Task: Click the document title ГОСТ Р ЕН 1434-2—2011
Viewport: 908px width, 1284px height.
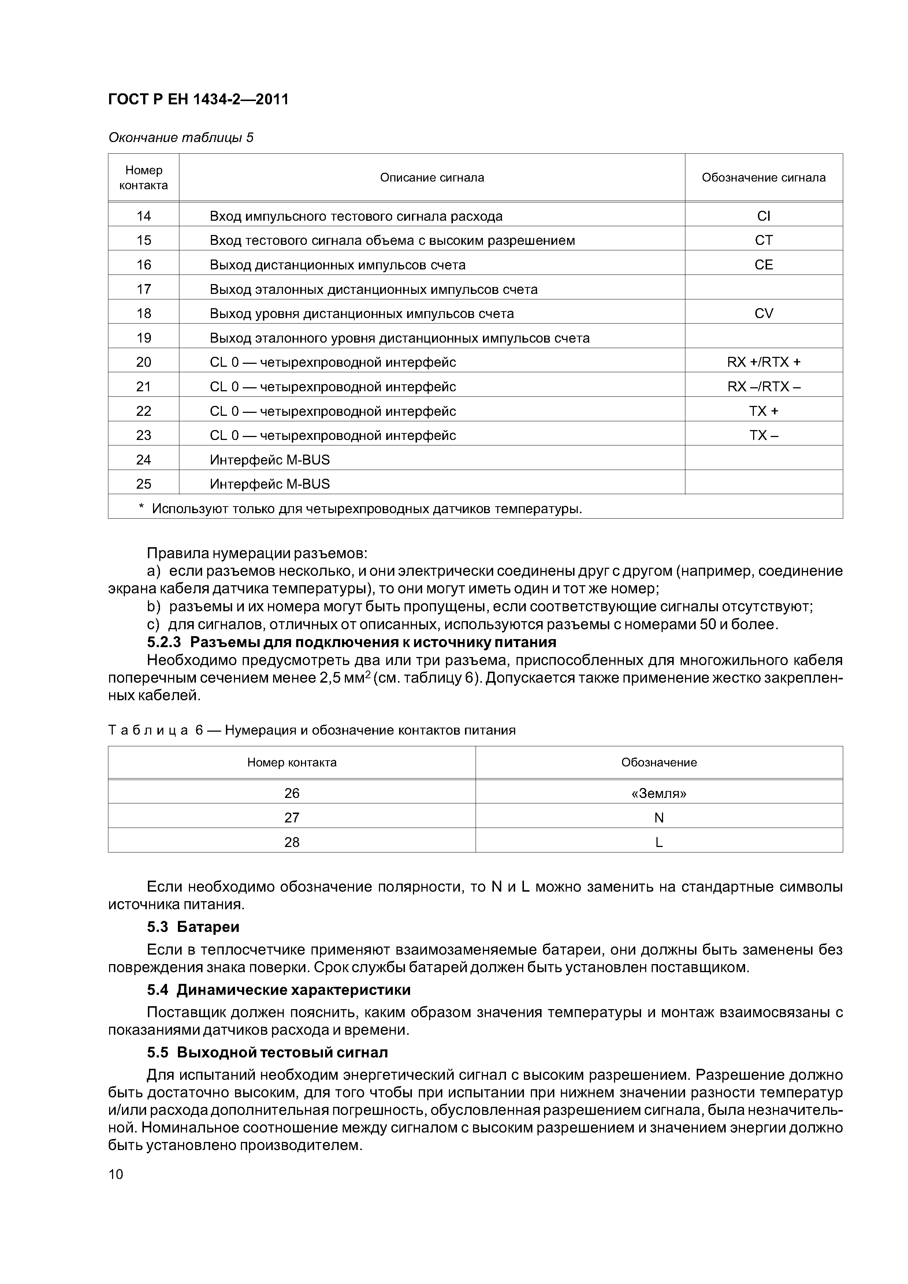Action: coord(198,100)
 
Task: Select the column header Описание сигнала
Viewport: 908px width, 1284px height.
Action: coord(432,178)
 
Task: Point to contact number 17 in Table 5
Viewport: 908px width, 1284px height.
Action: coord(144,289)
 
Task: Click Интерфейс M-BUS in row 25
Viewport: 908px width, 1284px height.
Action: coord(270,484)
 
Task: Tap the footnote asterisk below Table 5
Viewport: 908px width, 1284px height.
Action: coord(142,508)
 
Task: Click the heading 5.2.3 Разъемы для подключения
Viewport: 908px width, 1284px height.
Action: coord(351,642)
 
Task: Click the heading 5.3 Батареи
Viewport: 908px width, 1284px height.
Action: coord(193,927)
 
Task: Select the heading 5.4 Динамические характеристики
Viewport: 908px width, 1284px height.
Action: coord(279,990)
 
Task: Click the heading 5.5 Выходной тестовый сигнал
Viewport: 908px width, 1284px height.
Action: coord(267,1052)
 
